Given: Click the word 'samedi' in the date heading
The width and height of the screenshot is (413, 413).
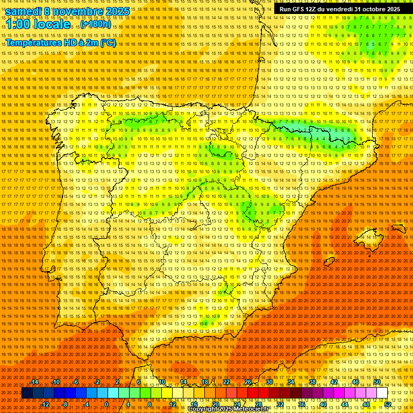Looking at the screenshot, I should coord(24,11).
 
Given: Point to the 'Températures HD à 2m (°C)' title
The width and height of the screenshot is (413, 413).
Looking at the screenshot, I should coord(61,42).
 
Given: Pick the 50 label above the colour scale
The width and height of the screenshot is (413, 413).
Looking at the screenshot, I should coord(377,382).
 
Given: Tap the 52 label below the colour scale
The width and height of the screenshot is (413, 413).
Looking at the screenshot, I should coord(388,404).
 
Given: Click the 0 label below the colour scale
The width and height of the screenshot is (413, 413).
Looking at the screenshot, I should coord(107,404).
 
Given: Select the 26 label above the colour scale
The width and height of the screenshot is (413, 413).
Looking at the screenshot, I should coord(248,382).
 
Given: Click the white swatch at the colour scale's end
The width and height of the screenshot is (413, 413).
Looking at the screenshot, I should coord(382,393).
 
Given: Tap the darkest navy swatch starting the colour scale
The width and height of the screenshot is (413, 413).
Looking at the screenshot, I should coord(27,393).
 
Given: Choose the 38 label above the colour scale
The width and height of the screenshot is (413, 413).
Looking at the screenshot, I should coord(312,382).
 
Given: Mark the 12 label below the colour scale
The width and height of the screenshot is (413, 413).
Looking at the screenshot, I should coord(173,404).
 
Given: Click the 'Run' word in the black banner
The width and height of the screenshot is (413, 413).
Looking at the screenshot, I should coord(286,9).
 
